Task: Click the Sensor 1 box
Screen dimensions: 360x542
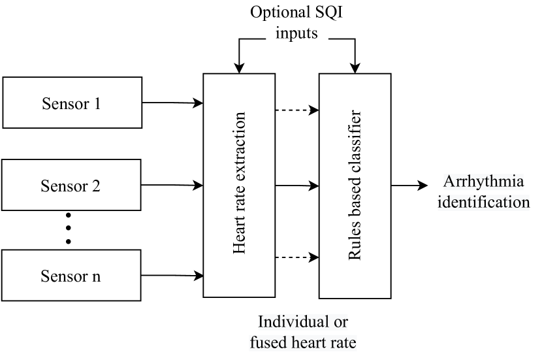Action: (72, 103)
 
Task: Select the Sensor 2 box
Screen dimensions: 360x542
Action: (72, 186)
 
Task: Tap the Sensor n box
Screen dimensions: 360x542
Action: (72, 275)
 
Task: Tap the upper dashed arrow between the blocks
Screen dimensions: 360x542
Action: (297, 110)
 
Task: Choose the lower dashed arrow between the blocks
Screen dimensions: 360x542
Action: (297, 258)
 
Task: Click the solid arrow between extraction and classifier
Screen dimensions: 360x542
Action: (297, 186)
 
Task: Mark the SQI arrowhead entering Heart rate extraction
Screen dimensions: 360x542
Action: (239, 67)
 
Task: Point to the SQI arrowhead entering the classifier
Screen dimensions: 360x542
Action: (355, 67)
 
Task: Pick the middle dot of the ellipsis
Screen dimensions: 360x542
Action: (68, 228)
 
